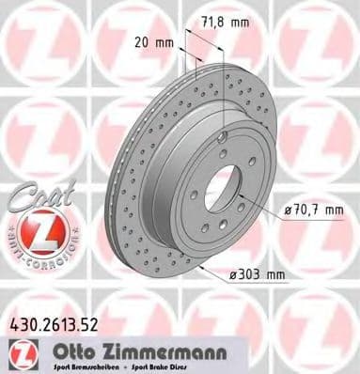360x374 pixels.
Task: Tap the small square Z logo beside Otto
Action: click(x=21, y=351)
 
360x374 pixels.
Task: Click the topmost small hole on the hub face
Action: click(x=222, y=138)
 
